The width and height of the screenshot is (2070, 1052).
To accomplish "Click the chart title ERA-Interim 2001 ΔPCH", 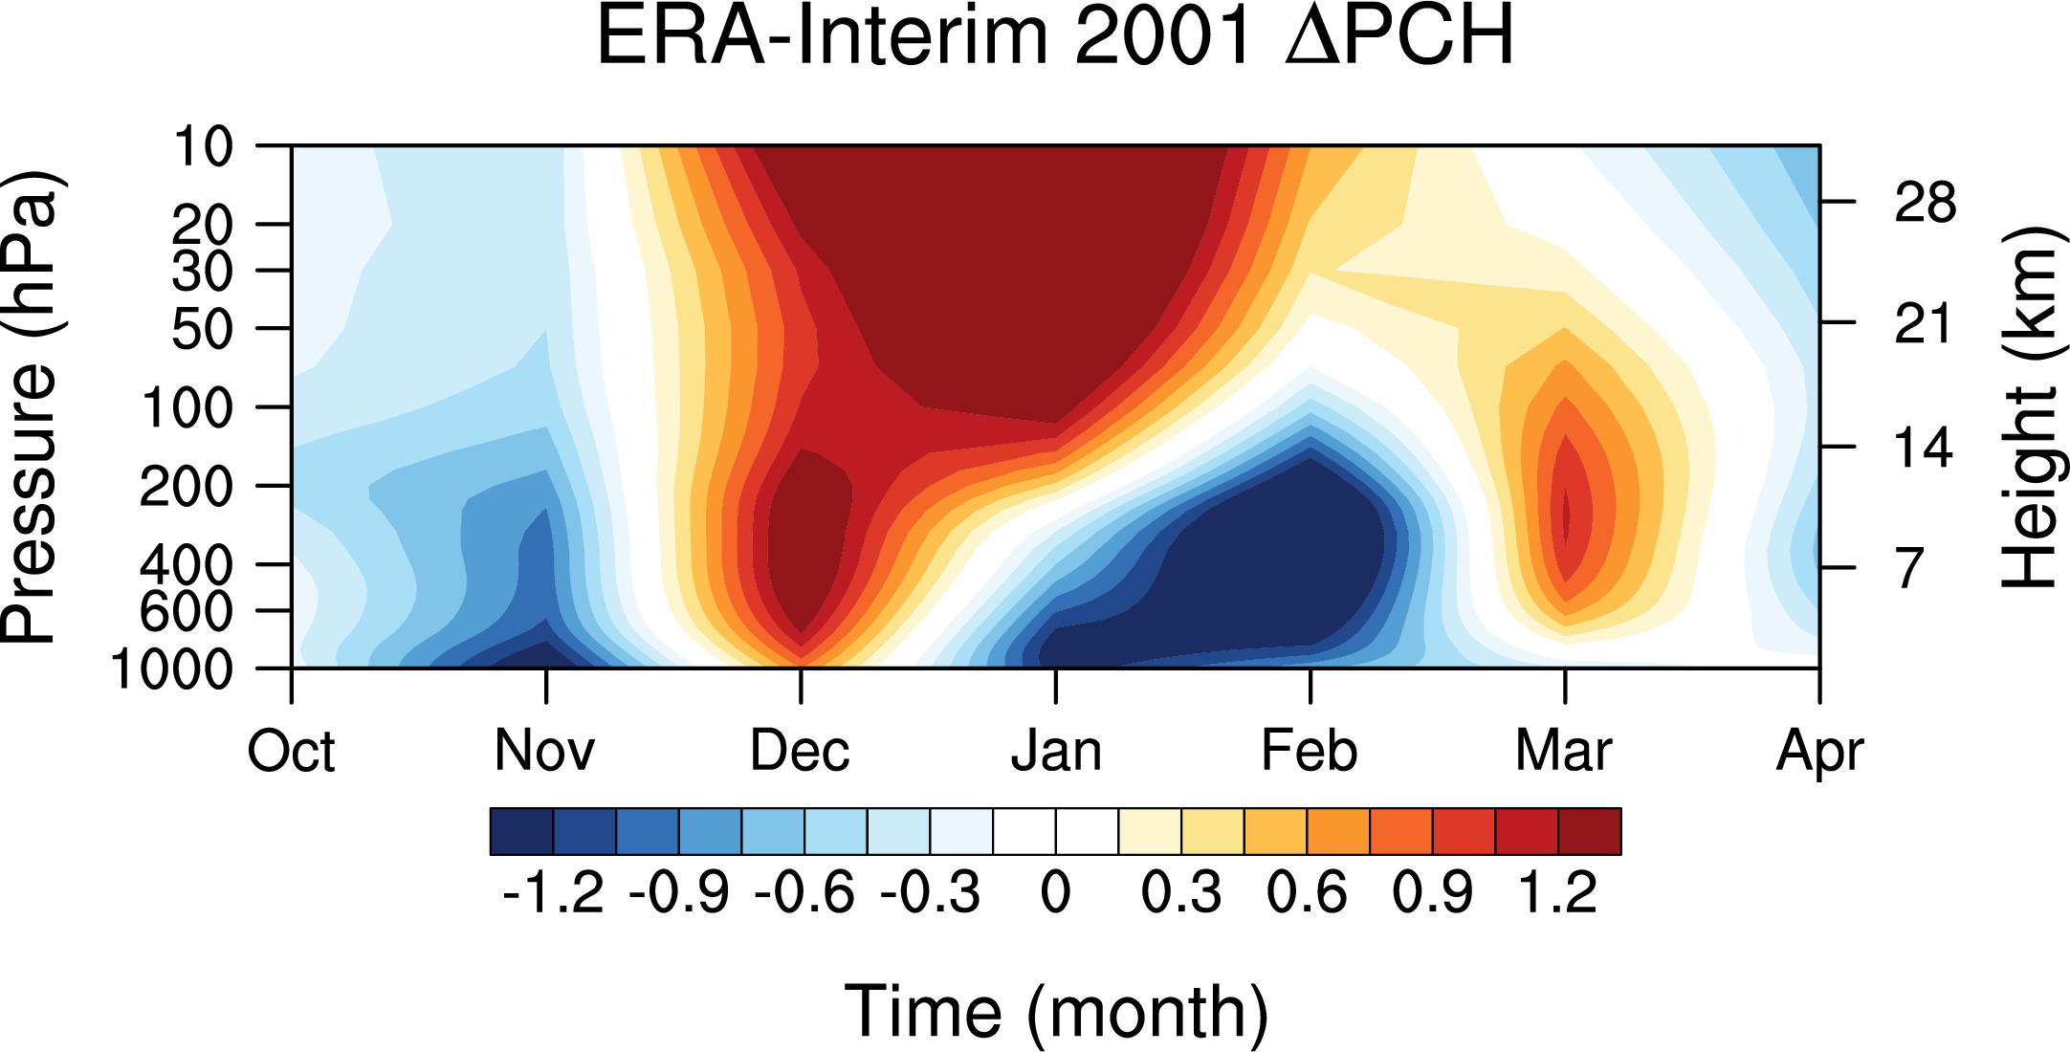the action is pos(1055,36).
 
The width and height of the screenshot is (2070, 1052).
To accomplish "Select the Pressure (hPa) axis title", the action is pos(31,407).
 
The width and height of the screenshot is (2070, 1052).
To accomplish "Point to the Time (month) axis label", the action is pos(1056,1013).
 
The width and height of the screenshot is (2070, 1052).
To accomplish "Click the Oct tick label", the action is pos(291,752).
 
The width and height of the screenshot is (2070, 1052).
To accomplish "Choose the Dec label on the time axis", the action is pos(800,752).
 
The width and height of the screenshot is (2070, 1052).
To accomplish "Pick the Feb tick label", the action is pos(1310,752).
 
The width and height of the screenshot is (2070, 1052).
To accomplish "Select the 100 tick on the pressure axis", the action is pos(187,408).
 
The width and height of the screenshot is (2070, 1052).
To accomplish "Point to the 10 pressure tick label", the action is pos(203,147).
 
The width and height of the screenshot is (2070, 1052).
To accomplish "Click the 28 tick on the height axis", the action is pos(1925,203).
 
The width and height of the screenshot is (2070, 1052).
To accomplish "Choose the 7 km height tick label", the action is pos(1909,568).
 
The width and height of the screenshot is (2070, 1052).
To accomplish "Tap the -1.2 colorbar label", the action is pos(553,893).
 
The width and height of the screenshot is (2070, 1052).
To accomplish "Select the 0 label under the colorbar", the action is pos(1056,893).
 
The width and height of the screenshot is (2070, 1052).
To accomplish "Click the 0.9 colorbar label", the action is pos(1432,893).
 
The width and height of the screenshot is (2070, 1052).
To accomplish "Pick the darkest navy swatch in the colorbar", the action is pos(521,831).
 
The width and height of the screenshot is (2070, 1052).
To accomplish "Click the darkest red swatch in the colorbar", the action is pos(1590,831).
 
